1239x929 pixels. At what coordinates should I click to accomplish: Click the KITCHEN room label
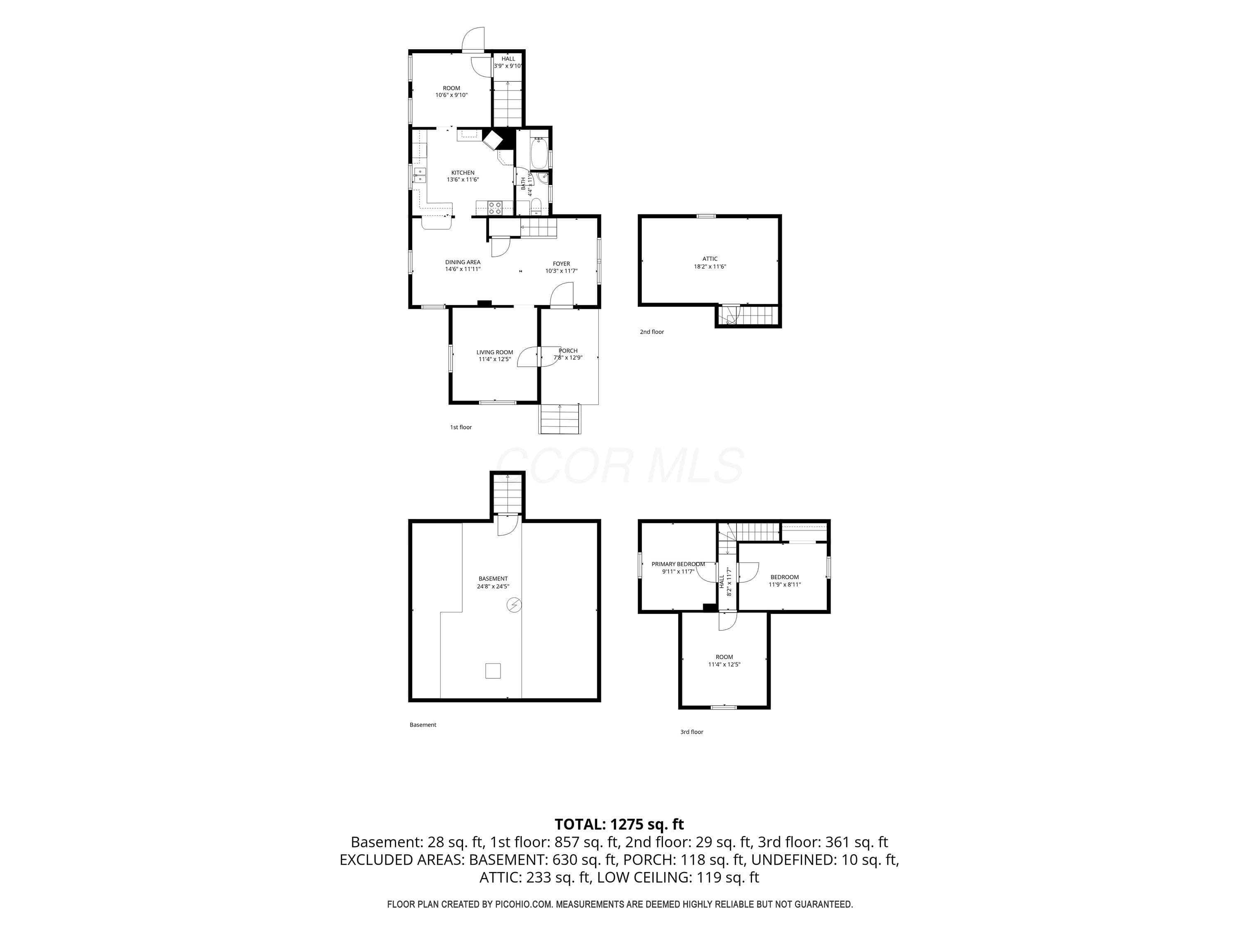tap(463, 173)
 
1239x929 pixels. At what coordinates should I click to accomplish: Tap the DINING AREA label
tap(463, 262)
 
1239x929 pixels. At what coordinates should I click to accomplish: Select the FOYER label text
tap(561, 264)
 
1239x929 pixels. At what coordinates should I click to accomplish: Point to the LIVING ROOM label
tap(495, 352)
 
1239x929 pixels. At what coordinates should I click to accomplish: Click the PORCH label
tap(568, 351)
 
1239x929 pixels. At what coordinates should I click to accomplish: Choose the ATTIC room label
tap(710, 259)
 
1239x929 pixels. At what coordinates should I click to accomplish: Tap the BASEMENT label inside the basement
tap(493, 578)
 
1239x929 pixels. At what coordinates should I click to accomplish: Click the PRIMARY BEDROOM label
tap(678, 564)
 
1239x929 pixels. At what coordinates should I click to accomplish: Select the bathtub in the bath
tap(539, 152)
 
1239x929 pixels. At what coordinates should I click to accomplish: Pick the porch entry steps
tap(560, 418)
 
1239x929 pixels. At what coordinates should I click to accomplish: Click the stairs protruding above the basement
tap(508, 495)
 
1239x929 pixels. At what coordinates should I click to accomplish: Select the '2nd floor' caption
tap(652, 332)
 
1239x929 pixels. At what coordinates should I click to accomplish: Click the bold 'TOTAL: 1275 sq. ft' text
tap(619, 824)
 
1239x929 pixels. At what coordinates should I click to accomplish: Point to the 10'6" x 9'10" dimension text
tap(451, 95)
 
